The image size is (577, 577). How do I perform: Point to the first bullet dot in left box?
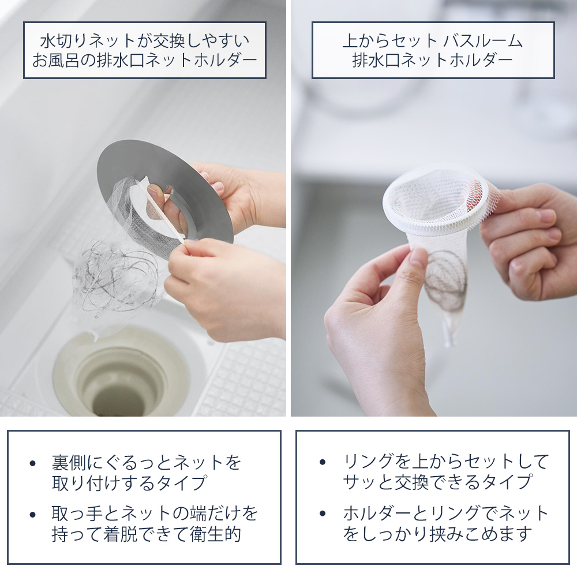point(33,463)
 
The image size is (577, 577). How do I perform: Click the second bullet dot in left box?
point(33,515)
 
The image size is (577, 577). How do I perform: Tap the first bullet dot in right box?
point(323,462)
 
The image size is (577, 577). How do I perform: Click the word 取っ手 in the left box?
point(77,514)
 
